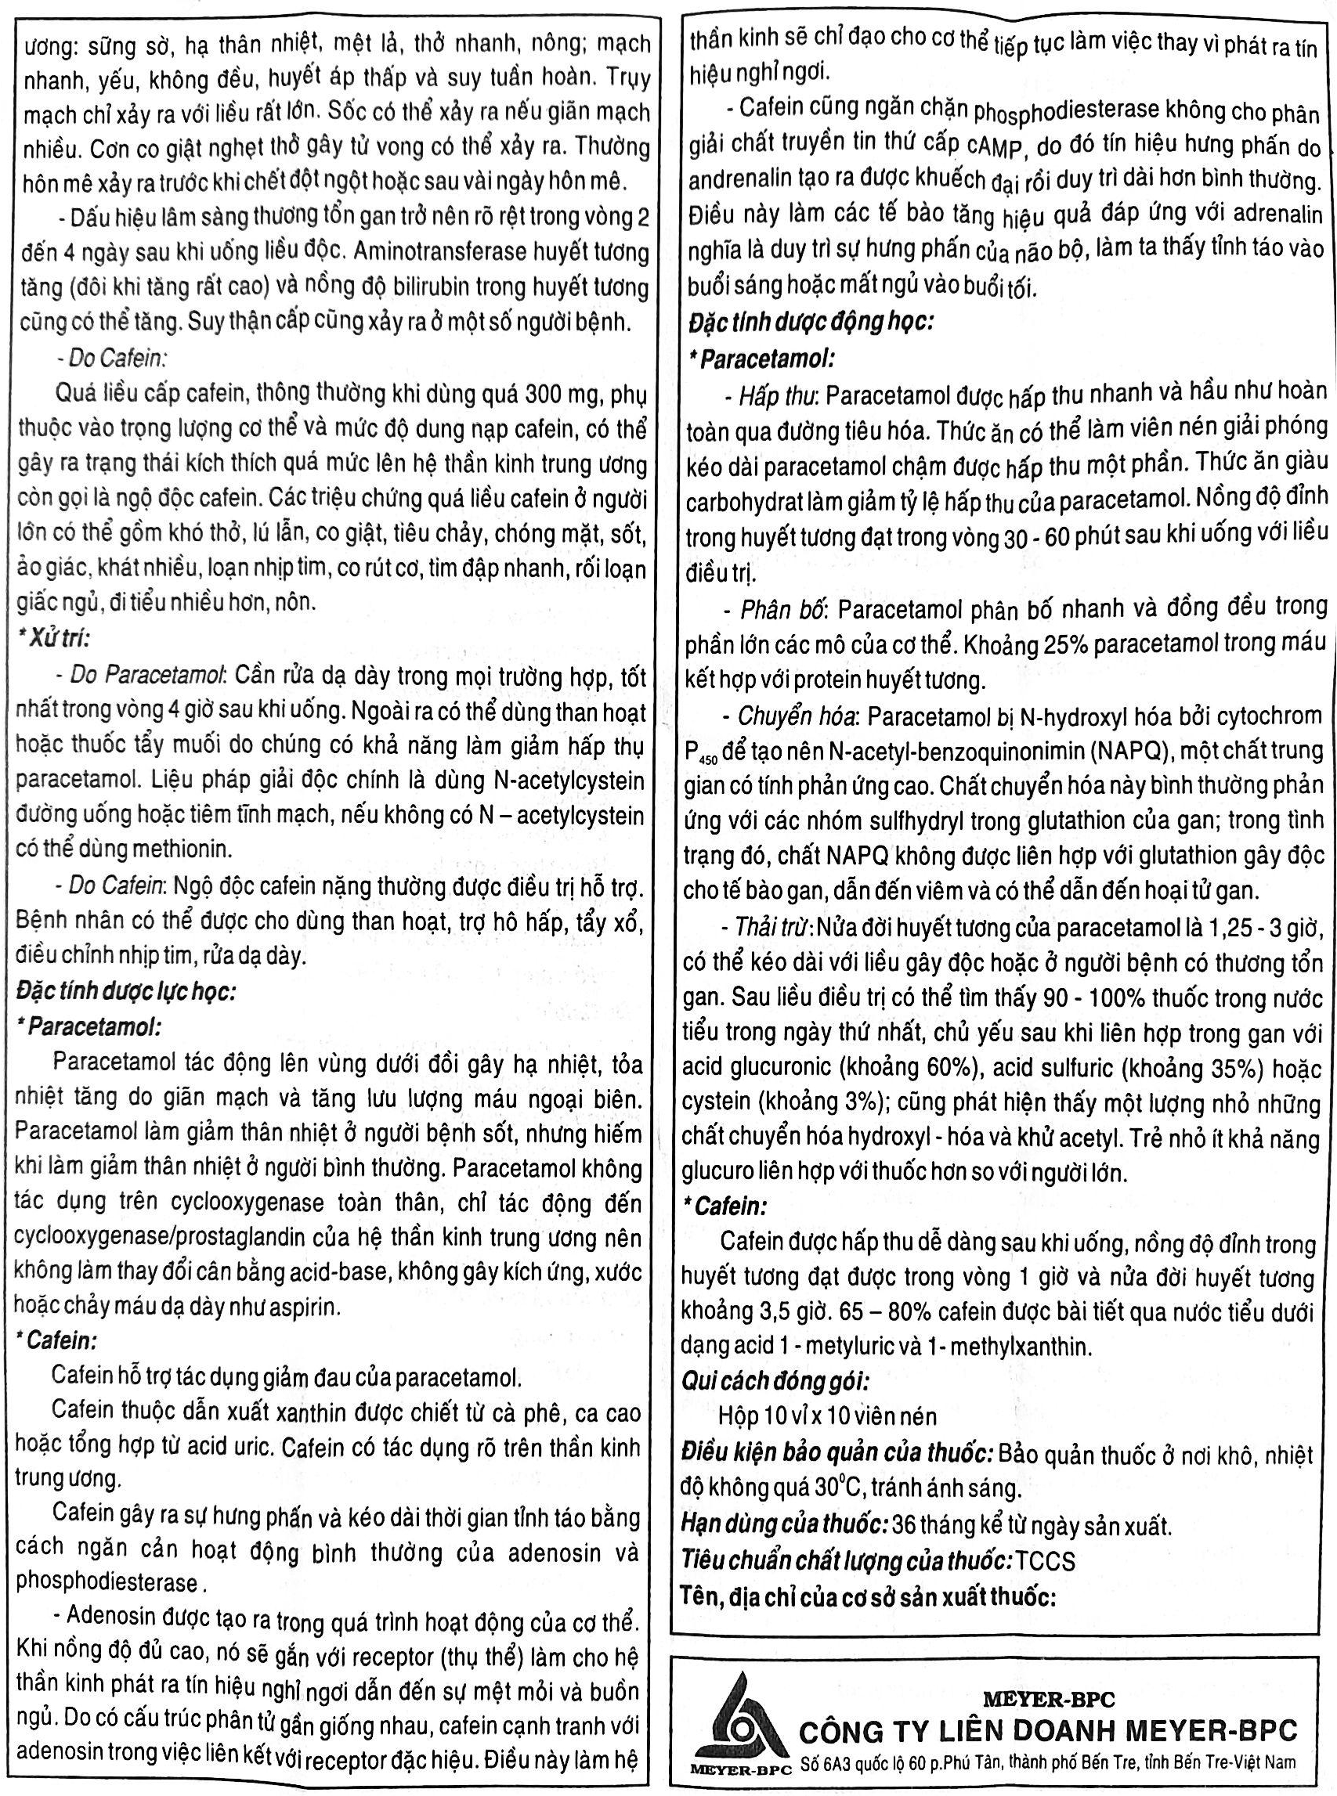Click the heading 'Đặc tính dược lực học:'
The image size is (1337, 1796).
(125, 992)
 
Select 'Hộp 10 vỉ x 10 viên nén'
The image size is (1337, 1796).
(827, 1416)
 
